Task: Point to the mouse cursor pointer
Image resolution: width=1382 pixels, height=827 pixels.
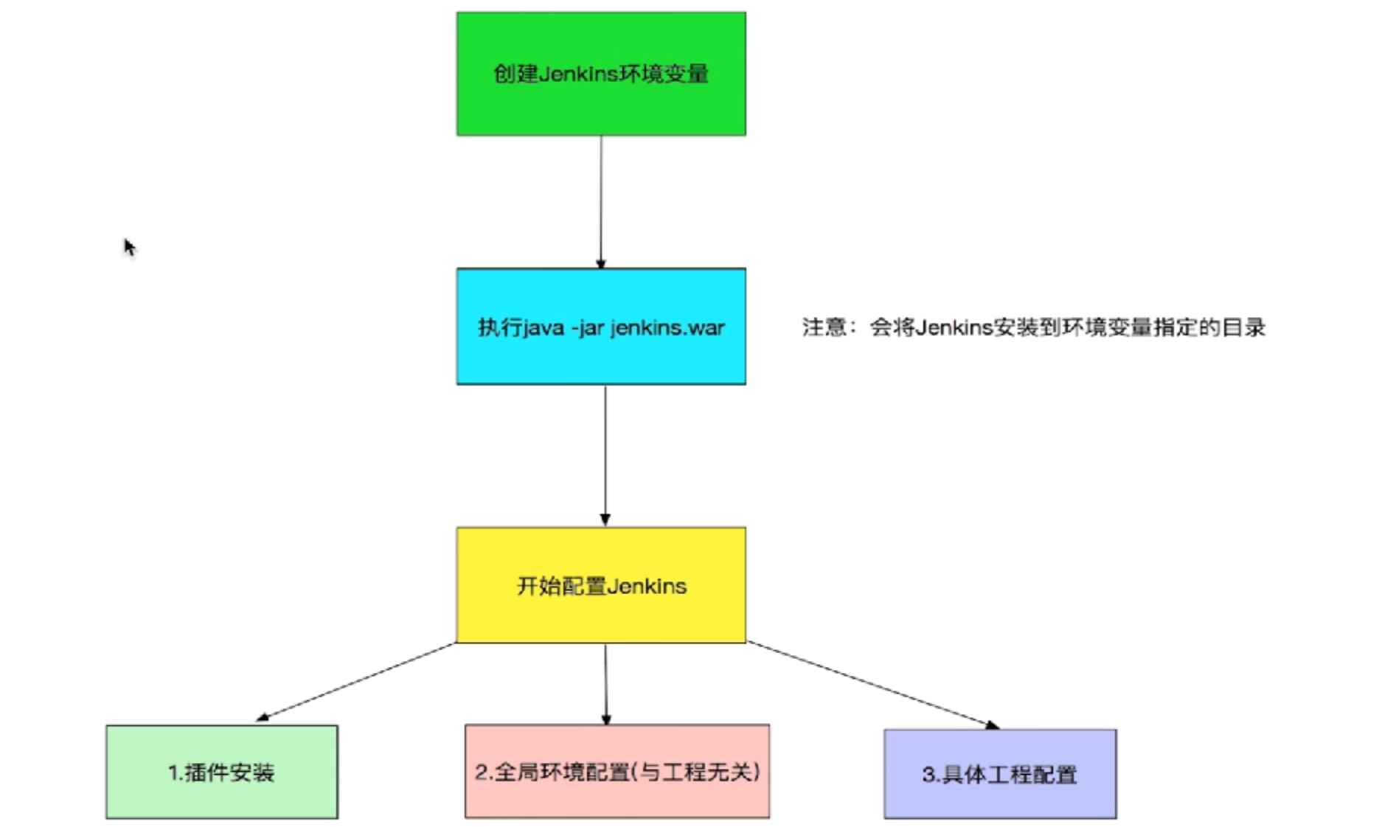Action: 130,247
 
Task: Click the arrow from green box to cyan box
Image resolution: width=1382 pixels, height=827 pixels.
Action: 601,203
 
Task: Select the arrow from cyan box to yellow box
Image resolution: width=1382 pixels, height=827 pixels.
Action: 605,456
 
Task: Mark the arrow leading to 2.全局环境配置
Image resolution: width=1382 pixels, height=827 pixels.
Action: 606,684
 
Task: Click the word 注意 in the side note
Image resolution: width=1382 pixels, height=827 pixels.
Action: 824,327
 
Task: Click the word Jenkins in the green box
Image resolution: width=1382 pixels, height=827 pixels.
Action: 578,74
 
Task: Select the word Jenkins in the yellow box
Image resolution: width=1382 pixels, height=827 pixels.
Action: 647,586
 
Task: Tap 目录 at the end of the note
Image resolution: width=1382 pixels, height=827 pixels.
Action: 1245,327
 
